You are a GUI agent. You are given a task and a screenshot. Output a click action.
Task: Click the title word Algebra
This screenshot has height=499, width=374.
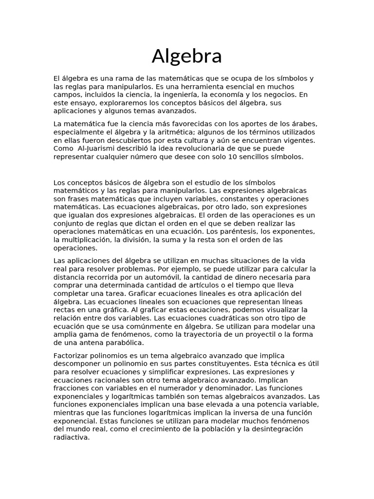tap(187, 57)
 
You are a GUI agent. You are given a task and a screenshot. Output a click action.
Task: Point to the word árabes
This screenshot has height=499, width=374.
tap(304, 123)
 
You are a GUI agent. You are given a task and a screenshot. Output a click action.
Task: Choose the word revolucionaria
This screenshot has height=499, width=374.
tap(191, 148)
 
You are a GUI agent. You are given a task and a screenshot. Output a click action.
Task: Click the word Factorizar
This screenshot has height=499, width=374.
tap(73, 355)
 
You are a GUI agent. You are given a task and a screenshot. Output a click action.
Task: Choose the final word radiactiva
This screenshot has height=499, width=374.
tap(72, 437)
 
